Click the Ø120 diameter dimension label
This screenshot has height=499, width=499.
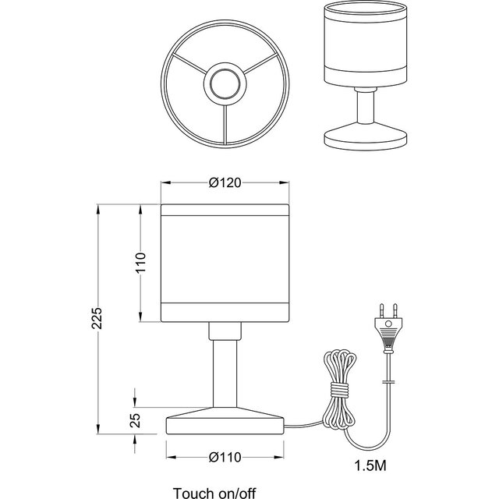point(224,182)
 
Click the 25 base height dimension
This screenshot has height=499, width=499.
point(135,419)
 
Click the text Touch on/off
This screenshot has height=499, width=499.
point(214,492)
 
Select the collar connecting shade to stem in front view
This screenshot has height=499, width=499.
point(224,331)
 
